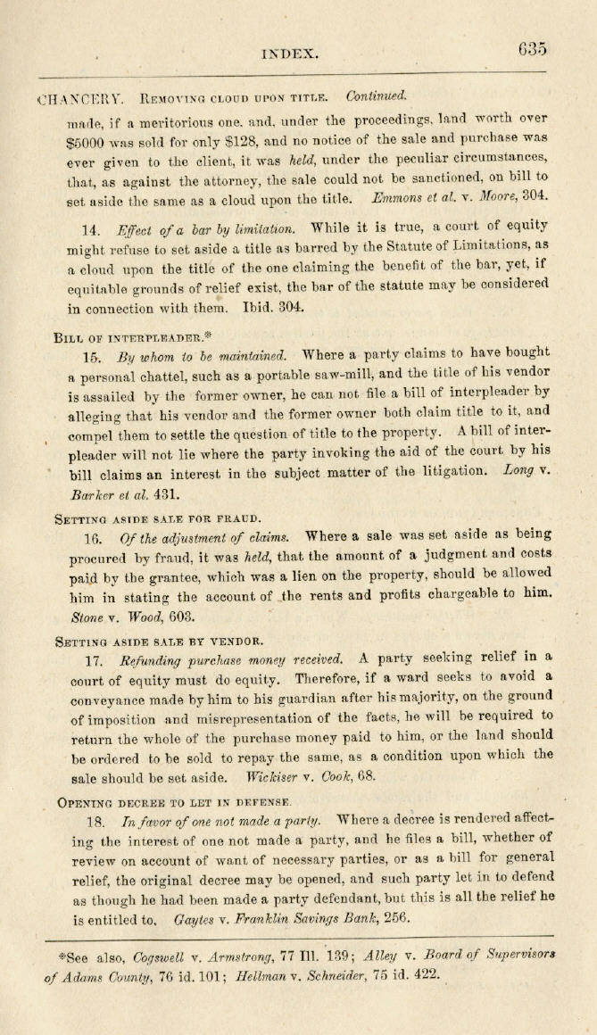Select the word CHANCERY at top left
pos(84,98)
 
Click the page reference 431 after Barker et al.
pos(168,491)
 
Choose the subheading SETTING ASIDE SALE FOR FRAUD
pos(157,518)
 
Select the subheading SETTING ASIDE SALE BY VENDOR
pos(159,641)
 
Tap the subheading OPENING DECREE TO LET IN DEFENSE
pos(173,803)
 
